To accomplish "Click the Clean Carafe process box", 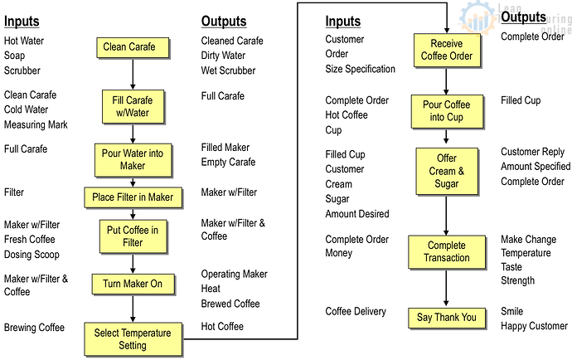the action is pos(133,47).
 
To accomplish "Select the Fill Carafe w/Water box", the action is pos(133,107).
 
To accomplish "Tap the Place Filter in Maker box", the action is pos(133,197).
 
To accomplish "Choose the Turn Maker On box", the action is pos(133,284).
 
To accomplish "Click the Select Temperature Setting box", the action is pos(133,339).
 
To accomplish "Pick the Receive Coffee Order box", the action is pos(447,51).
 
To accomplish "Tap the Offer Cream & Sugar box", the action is pos(447,171).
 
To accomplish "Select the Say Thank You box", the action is pos(447,318).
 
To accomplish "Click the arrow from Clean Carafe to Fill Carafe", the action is pos(133,74).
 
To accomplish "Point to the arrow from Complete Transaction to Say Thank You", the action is pos(446,289).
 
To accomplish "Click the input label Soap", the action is pos(15,56).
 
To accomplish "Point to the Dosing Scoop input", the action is pos(32,255).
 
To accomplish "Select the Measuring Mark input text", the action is pos(36,125).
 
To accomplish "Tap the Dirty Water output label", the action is pos(223,56).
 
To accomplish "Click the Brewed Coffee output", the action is pos(230,304).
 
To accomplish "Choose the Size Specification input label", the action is pos(361,69).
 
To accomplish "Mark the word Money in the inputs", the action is pos(339,253).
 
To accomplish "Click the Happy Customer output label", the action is pos(535,326).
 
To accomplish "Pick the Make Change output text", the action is pos(529,240).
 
